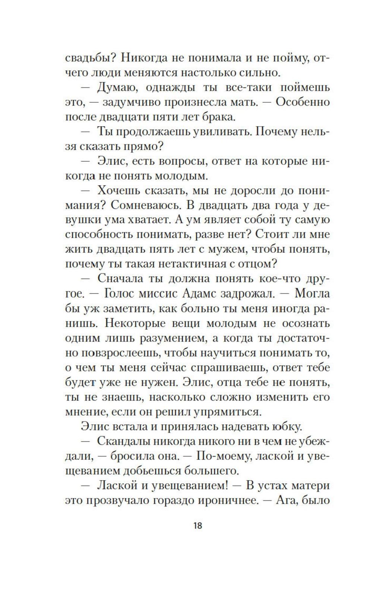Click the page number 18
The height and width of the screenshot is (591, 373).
pyautogui.click(x=198, y=526)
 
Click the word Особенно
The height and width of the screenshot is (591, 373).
pyautogui.click(x=303, y=102)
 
